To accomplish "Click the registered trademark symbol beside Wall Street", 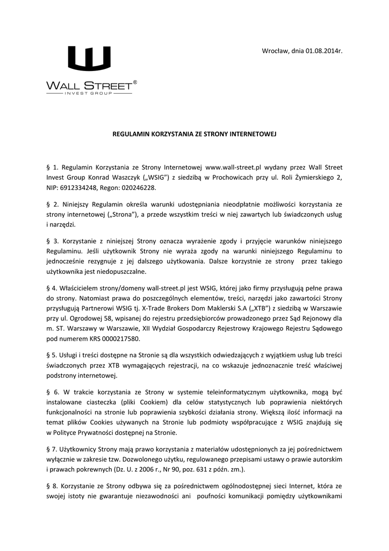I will [x=135, y=82].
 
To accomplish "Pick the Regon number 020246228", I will [x=138, y=189].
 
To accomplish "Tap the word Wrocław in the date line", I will [x=274, y=51].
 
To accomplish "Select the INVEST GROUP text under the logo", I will [x=89, y=93].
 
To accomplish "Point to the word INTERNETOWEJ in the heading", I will [x=252, y=132].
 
